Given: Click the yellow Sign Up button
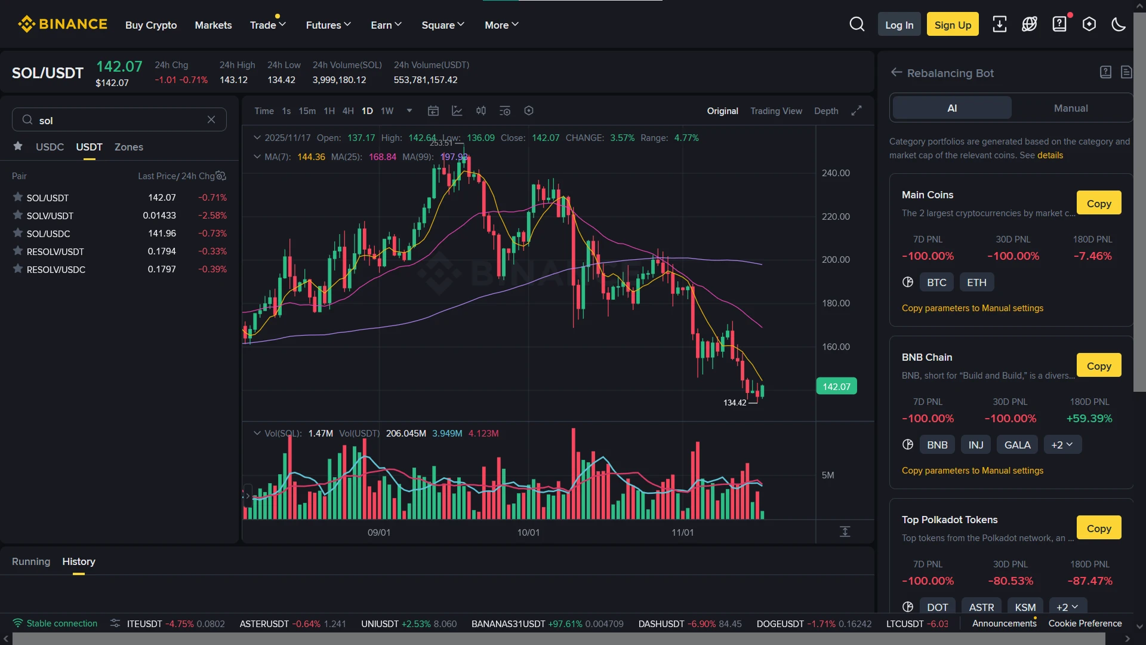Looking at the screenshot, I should (953, 24).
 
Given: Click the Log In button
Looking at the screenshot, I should (899, 24).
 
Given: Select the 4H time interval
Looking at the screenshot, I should (348, 111).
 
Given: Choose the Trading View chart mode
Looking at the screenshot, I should (776, 111).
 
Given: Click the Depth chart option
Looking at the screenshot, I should (826, 111).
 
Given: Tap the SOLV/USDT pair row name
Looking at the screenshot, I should (50, 216).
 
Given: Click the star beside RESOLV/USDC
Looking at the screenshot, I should (18, 269).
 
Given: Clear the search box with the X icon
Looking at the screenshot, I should (211, 119).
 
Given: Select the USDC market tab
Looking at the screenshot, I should (50, 147).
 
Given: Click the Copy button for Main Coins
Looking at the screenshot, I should (1099, 203).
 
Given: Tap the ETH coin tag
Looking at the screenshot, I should (976, 282).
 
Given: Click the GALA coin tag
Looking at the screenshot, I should (1017, 445).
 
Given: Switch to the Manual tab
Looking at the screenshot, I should (1071, 108).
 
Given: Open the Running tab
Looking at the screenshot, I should (31, 561).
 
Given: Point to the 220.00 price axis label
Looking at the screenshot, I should (836, 217).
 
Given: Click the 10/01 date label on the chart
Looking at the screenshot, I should (528, 532).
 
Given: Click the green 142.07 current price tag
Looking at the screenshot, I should (836, 386).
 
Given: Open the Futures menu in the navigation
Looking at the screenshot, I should (328, 25).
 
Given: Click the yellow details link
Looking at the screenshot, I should (1050, 155).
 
